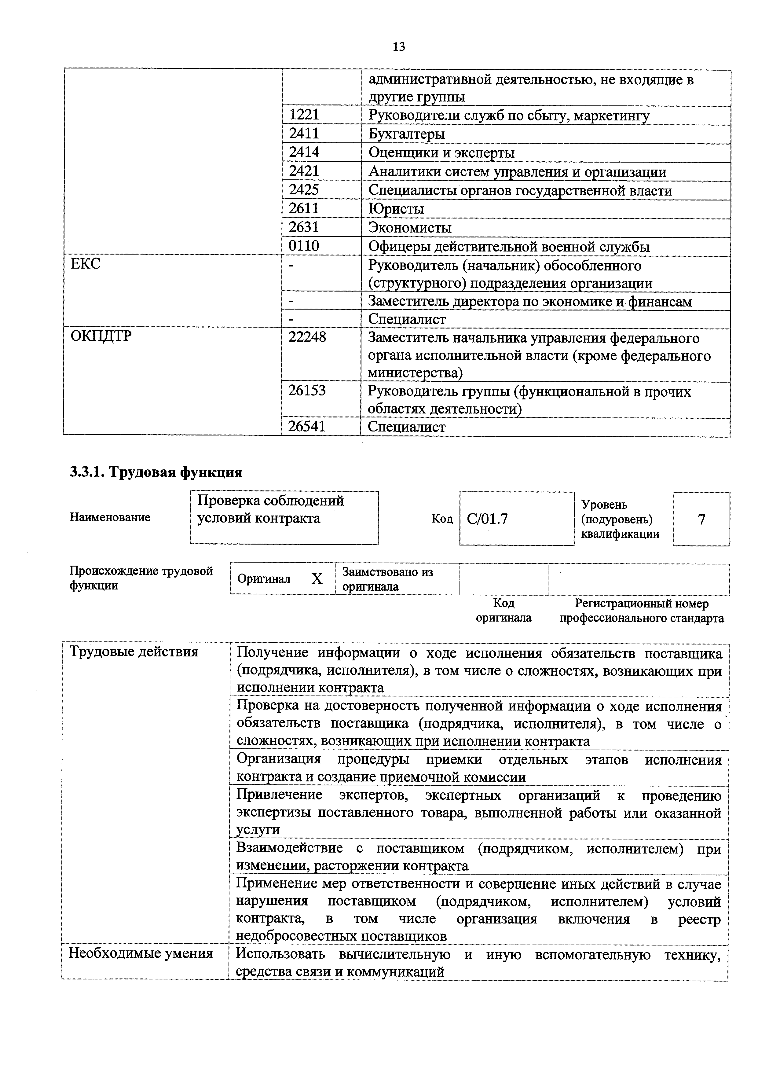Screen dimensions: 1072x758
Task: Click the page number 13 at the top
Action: [399, 47]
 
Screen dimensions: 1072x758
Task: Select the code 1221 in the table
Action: [304, 115]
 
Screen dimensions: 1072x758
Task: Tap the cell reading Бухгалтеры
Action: [407, 134]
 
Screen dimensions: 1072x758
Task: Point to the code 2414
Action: [304, 152]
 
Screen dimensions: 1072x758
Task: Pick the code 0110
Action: [304, 246]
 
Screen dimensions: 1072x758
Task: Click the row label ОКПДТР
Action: [101, 336]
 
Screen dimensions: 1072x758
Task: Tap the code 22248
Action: [307, 337]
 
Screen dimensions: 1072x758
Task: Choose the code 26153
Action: [307, 390]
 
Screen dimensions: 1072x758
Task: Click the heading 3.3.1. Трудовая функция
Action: [156, 472]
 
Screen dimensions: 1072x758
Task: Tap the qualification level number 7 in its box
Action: [701, 519]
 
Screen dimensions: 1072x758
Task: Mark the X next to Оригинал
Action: [317, 579]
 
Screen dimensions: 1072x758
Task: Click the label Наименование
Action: [110, 517]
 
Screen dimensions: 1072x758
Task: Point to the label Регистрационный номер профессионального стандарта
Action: [642, 611]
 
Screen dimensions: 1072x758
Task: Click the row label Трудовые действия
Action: [134, 652]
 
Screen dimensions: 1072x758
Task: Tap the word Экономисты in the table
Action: [410, 228]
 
